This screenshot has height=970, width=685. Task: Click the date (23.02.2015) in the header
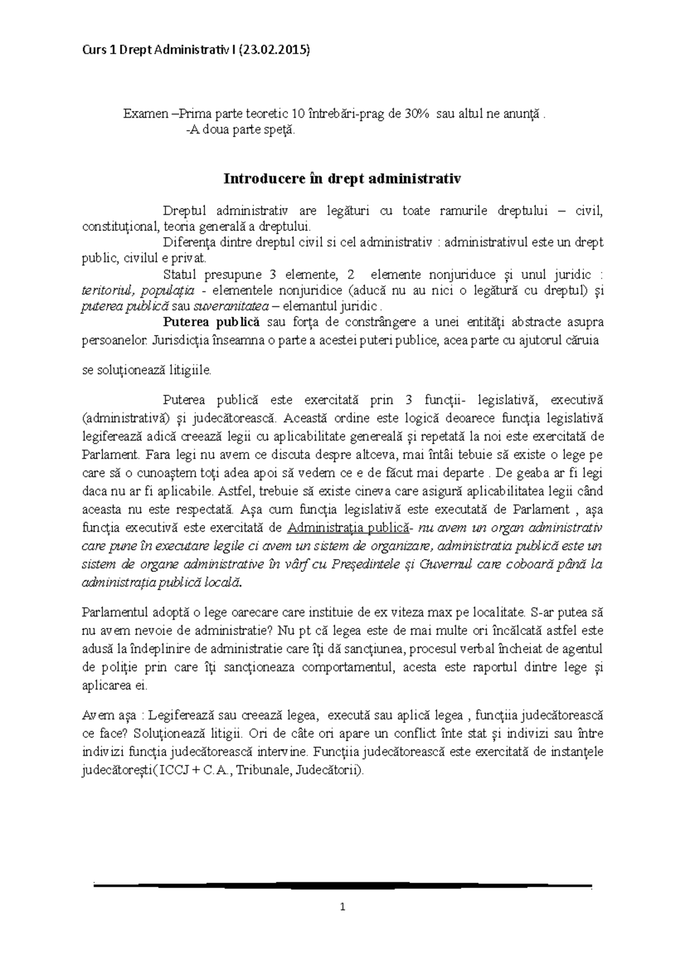(x=275, y=50)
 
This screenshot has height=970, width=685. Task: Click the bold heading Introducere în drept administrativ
(x=342, y=179)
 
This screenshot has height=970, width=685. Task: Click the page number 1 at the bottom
(x=342, y=907)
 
